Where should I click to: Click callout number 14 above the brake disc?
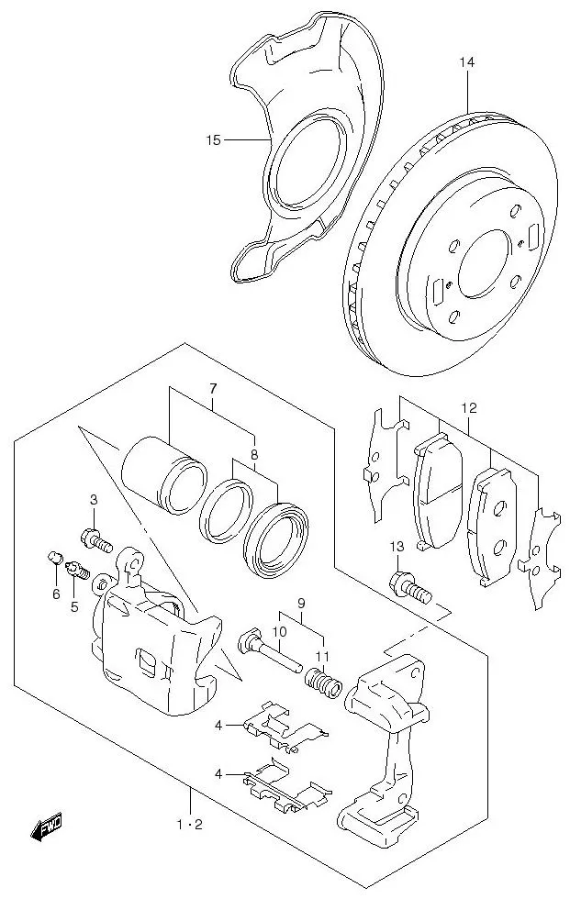pos(468,62)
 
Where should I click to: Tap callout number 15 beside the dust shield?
pos(214,140)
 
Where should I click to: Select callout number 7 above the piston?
pos(212,389)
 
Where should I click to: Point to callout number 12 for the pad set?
pos(469,407)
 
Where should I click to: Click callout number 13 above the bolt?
pos(396,548)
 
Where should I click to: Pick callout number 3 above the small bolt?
pos(93,499)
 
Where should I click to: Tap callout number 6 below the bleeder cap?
pos(56,594)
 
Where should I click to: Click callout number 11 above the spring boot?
pos(321,655)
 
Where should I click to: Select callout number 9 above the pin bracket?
pos(299,604)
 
